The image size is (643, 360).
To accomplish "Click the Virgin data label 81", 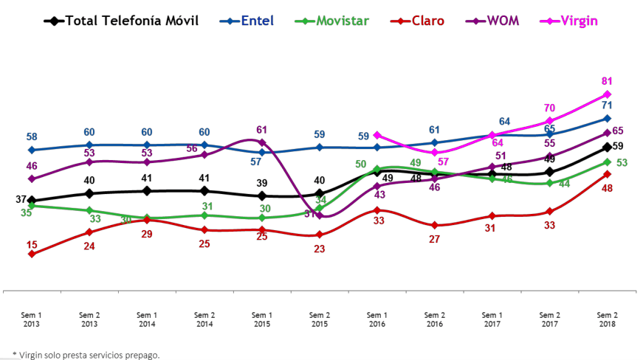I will click(607, 81).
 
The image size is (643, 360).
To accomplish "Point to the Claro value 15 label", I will click(32, 245).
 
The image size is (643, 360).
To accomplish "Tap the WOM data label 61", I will click(261, 130).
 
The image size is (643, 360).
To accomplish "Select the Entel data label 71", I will click(607, 105).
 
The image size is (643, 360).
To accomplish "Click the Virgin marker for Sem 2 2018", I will click(607, 94).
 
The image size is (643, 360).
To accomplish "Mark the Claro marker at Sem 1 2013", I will click(31, 254).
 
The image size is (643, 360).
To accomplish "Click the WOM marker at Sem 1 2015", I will click(262, 142).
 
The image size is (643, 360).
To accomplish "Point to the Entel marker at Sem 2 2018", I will click(607, 118).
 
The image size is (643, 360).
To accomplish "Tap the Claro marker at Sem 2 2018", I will click(607, 174).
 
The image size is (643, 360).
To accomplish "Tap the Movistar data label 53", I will click(622, 162).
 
